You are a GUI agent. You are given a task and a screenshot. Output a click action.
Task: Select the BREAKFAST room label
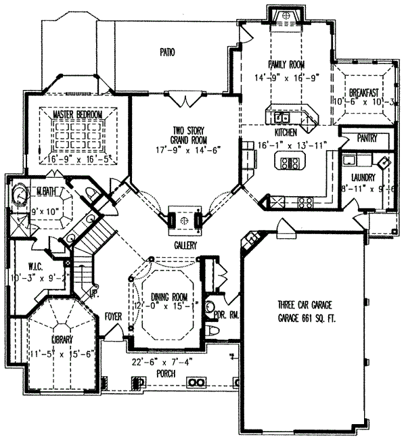click(x=363, y=91)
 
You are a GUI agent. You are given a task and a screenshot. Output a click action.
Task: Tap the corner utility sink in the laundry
click(x=383, y=163)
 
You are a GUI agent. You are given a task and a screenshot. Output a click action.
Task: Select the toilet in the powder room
click(x=214, y=329)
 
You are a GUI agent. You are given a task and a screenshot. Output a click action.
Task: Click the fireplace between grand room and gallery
click(x=183, y=220)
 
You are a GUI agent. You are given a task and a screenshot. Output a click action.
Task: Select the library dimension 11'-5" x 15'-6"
click(x=54, y=352)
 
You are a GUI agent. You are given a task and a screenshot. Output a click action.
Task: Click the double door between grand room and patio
click(x=184, y=100)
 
